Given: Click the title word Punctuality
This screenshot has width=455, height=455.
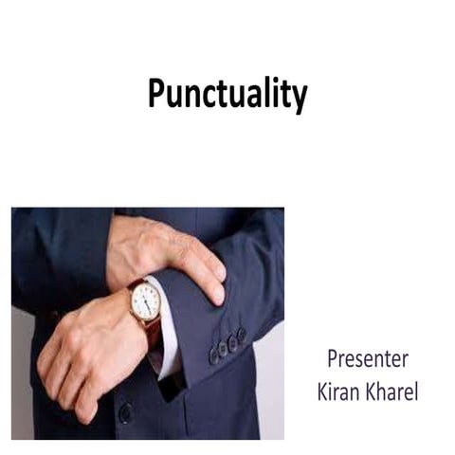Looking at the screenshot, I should coord(227,95).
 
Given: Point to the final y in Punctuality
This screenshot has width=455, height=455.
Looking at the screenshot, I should coord(298,99).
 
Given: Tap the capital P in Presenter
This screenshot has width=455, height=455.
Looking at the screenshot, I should coord(333,360).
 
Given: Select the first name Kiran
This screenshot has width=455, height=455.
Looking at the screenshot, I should coord(343,390).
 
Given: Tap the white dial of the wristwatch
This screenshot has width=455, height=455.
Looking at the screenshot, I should coord(146,302).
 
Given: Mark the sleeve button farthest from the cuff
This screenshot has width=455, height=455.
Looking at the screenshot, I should coord(241,335).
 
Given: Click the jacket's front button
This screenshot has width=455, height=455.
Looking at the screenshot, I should coord(125,412).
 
